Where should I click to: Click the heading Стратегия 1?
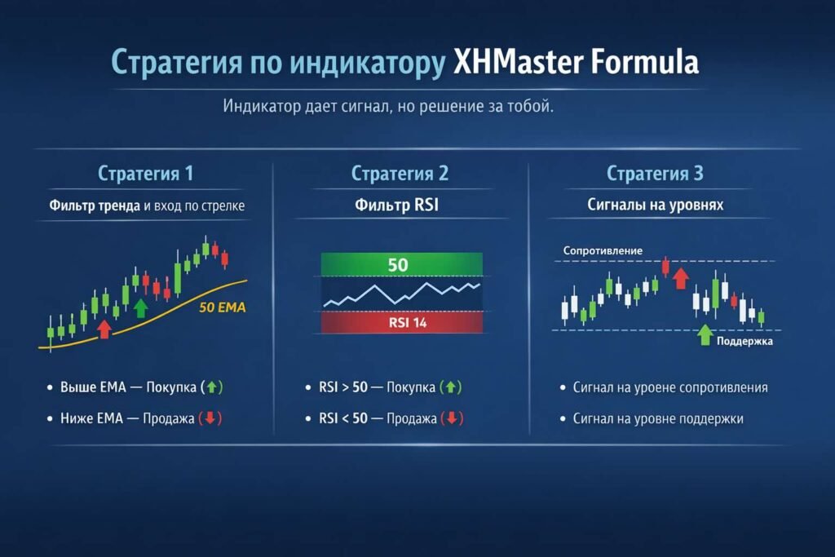(x=146, y=174)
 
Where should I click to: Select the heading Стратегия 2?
(x=400, y=174)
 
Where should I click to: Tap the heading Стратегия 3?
(x=655, y=174)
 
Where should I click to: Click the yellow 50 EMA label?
(x=222, y=308)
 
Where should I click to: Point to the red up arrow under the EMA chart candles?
(x=104, y=328)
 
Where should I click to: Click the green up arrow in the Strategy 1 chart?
(x=140, y=307)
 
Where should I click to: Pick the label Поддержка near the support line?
(x=744, y=342)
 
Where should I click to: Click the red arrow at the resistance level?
(x=681, y=277)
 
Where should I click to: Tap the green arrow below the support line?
(x=705, y=334)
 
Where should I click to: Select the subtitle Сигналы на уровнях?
(x=655, y=206)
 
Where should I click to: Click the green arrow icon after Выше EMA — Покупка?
(x=212, y=387)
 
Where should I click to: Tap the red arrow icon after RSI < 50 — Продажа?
(x=452, y=419)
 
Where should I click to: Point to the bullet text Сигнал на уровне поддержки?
(x=657, y=419)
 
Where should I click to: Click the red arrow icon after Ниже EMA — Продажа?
(x=210, y=419)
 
